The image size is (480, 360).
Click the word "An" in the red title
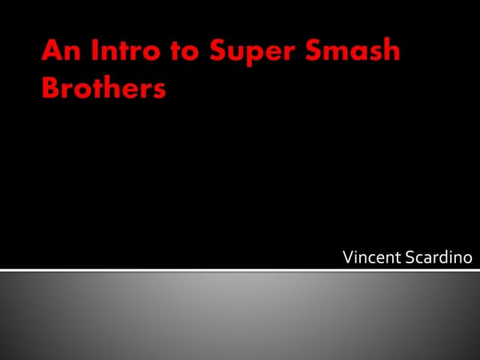pyautogui.click(x=61, y=50)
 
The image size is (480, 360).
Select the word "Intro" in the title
pyautogui.click(x=126, y=50)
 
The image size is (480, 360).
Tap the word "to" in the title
pyautogui.click(x=185, y=51)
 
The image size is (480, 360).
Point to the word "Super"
pyautogui.click(x=253, y=52)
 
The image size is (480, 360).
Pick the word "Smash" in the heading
pyautogui.click(x=352, y=49)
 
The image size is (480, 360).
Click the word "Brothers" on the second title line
pyautogui.click(x=103, y=87)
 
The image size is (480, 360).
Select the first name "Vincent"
pyautogui.click(x=372, y=257)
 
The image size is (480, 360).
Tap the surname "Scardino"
pyautogui.click(x=439, y=257)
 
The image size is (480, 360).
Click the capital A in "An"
pyautogui.click(x=52, y=50)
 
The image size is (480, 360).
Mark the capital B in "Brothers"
pyautogui.click(x=50, y=87)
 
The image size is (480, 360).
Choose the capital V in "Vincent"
pyautogui.click(x=349, y=257)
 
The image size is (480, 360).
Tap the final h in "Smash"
pyautogui.click(x=391, y=49)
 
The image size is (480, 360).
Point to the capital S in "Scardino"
pyautogui.click(x=410, y=257)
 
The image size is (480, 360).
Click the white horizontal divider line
pyautogui.click(x=240, y=270)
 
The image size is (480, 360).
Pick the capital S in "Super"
pyautogui.click(x=218, y=50)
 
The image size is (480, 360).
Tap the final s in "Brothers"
pyautogui.click(x=160, y=91)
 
